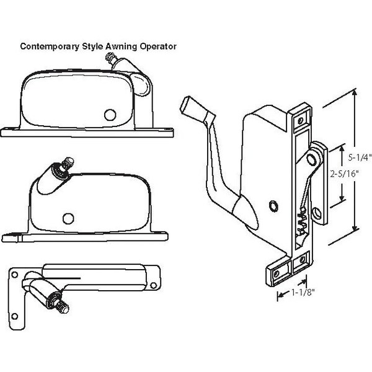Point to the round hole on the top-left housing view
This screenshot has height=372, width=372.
click(x=111, y=115)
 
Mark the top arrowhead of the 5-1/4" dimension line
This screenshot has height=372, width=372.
click(x=354, y=92)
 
